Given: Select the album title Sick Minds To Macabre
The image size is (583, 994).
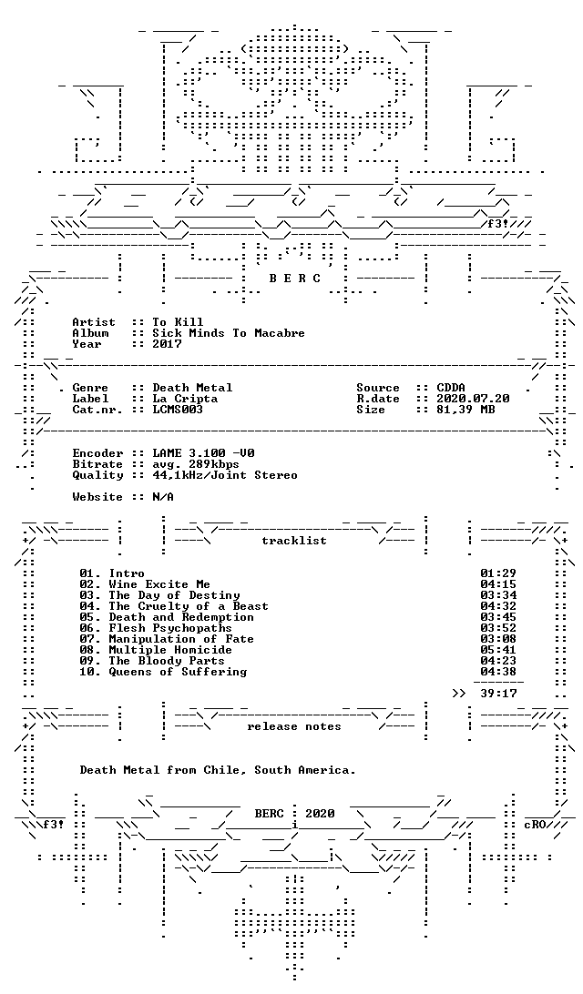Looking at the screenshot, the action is (x=229, y=333).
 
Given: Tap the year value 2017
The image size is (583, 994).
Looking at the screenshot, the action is (x=167, y=344).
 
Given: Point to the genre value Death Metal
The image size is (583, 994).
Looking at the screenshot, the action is (x=192, y=388).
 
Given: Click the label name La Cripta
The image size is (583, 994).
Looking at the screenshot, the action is (x=185, y=399).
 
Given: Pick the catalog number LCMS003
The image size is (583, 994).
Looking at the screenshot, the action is (x=178, y=410).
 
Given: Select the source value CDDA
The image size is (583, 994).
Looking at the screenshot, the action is (x=452, y=388).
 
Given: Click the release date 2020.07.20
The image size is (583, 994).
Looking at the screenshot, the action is (x=474, y=399).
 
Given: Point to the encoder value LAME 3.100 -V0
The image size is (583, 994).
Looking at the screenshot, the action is (x=203, y=453).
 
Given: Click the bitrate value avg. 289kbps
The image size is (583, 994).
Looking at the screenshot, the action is (x=196, y=464).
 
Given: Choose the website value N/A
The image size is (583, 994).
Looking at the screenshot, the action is (x=163, y=497).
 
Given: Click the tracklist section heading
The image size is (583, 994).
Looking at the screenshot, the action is (x=294, y=541).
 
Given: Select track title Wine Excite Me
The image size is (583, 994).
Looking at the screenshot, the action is (x=159, y=584).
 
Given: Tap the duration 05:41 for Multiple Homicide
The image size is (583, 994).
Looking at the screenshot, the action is (x=498, y=650).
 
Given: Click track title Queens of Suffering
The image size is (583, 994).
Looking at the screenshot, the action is (x=178, y=672).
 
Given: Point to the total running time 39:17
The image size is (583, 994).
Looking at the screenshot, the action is (x=498, y=694).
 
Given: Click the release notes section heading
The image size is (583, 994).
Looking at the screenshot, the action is (x=294, y=726).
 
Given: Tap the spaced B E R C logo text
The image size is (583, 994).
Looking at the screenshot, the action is (x=294, y=279).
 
